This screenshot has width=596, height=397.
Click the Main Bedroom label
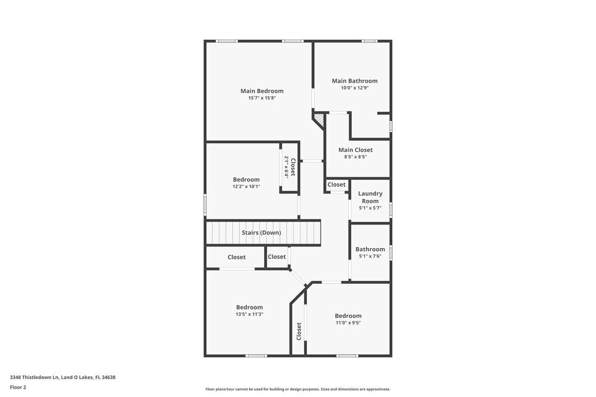[262, 91]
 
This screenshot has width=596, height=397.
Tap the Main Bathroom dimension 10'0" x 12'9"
[355, 88]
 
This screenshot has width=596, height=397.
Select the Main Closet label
[355, 150]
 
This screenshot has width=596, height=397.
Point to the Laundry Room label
[370, 197]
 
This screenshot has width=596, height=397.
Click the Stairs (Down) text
[261, 233]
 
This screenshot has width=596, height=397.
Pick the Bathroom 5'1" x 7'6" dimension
[370, 257]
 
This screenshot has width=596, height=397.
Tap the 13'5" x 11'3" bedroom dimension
[249, 314]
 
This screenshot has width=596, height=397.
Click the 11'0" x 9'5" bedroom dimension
[347, 323]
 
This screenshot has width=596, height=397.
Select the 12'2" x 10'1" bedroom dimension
[246, 187]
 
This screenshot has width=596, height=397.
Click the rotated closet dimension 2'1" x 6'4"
[286, 167]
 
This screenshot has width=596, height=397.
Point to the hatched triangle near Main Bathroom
[319, 120]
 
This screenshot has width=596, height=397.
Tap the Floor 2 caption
[18, 387]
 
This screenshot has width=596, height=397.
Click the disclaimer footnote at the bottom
[298, 389]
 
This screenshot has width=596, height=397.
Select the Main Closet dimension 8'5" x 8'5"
[355, 157]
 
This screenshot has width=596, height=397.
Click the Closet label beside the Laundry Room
[336, 185]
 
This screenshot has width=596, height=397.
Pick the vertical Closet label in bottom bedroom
[299, 331]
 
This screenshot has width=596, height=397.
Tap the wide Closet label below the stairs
[237, 257]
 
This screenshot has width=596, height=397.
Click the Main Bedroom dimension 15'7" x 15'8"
[262, 98]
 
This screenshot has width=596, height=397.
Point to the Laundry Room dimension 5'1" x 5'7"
[370, 208]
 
